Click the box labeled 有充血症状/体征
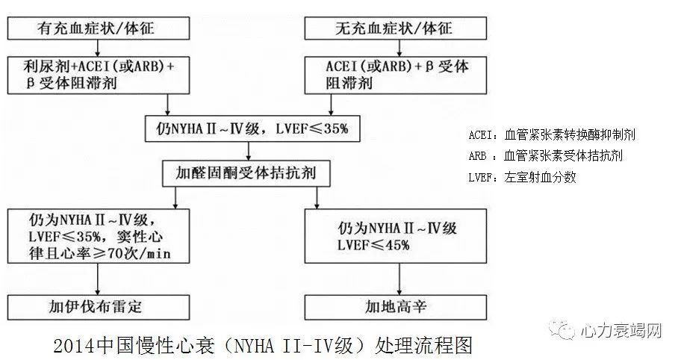point(98,29)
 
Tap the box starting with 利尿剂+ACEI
point(98,75)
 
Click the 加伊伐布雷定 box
point(98,307)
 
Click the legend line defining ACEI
point(552,135)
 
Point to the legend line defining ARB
point(545,156)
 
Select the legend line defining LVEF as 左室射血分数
point(523,178)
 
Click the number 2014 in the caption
point(72,346)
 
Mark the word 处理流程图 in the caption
point(429,346)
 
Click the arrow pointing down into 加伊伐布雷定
point(98,280)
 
